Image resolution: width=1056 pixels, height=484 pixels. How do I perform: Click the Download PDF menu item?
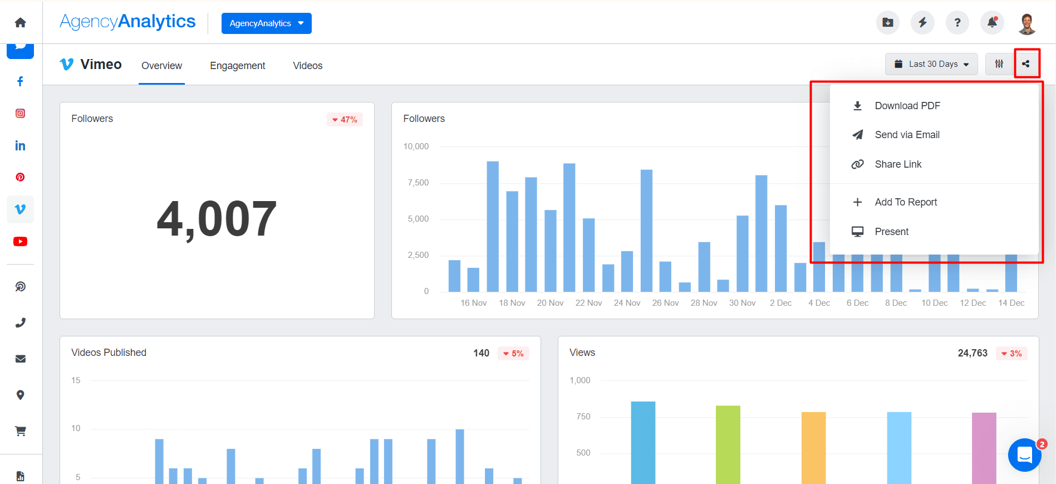(907, 106)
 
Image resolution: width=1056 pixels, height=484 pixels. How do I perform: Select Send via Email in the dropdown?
(907, 135)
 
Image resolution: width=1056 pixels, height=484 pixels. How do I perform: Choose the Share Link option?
(897, 164)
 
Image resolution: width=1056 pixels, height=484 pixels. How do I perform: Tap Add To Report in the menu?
(905, 202)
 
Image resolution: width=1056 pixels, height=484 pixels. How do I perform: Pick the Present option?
(891, 232)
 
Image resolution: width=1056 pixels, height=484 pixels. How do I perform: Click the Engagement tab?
(237, 66)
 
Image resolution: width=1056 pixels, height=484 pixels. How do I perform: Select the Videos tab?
(307, 66)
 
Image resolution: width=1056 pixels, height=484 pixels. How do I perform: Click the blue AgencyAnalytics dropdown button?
(266, 23)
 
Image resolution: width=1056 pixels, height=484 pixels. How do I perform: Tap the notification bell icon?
(992, 23)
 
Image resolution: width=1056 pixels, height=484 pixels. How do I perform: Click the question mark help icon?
(957, 23)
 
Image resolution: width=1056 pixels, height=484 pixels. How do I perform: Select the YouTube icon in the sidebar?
(20, 242)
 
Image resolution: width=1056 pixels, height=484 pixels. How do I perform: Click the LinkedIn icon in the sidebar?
(20, 146)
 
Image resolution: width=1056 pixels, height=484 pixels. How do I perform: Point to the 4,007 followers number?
(217, 219)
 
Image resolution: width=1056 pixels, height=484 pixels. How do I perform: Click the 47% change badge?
(345, 120)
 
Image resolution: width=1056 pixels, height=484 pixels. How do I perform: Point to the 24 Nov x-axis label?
(627, 303)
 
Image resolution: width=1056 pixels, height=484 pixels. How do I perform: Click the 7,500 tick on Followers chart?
(418, 183)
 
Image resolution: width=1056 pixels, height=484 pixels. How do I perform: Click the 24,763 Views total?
(972, 353)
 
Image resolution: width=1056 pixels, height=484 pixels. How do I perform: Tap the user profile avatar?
(1026, 23)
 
